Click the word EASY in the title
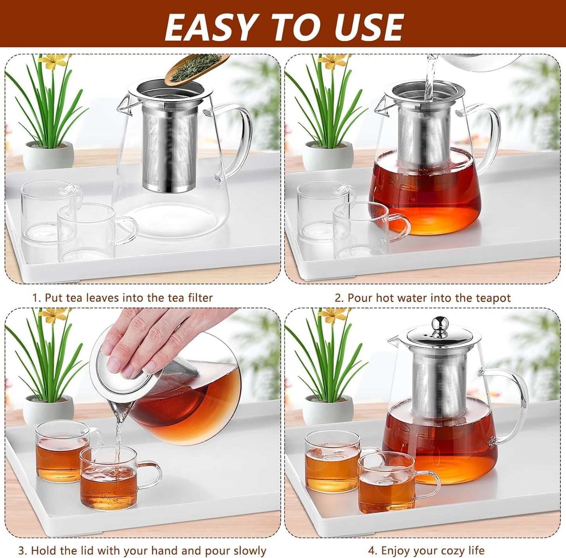point(210,27)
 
